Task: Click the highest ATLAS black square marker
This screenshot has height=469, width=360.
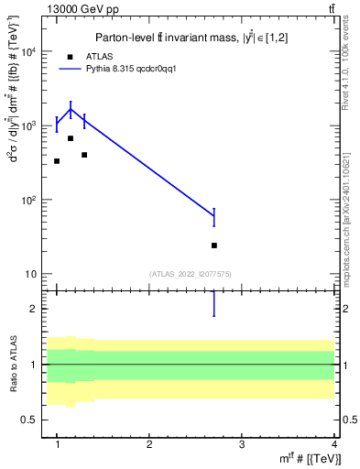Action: pyautogui.click(x=71, y=138)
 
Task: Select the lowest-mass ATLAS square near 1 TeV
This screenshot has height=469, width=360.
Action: pyautogui.click(x=57, y=161)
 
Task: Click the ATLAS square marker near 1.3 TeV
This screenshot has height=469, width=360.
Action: pyautogui.click(x=84, y=155)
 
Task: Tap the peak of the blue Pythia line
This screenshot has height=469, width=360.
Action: pyautogui.click(x=71, y=109)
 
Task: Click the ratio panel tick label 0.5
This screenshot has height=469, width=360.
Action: pyautogui.click(x=29, y=420)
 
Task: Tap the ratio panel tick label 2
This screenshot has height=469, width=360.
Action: pyautogui.click(x=34, y=309)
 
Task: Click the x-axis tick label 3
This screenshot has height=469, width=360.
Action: pyautogui.click(x=242, y=444)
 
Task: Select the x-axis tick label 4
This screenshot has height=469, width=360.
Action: pyautogui.click(x=333, y=444)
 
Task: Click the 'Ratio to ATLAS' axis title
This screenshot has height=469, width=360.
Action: pyautogui.click(x=12, y=364)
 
